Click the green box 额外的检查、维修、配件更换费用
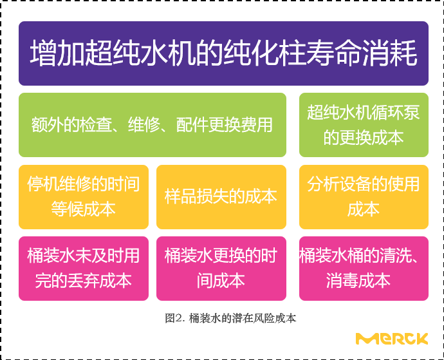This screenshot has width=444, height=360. click(152, 125)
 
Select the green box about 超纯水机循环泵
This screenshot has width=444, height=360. click(364, 125)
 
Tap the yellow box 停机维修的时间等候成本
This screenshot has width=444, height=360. click(83, 197)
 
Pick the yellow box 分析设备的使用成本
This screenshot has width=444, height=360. click(364, 197)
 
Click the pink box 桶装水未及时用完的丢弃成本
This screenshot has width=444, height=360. click(83, 268)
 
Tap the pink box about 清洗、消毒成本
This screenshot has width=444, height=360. click(364, 268)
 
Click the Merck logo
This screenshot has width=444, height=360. click(392, 338)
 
